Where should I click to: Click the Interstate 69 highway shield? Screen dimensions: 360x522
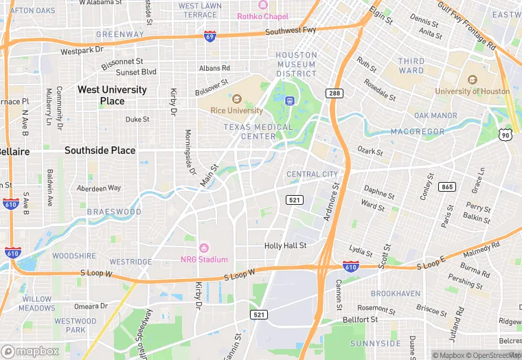209,36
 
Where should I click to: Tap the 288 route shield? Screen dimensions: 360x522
334,92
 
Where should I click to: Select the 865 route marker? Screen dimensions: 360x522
447,187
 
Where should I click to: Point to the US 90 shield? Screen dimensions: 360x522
506,135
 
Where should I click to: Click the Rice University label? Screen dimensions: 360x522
236,110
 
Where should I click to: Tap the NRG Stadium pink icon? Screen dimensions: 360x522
204,248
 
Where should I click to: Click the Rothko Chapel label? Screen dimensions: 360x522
263,16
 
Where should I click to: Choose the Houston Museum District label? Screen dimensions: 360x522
297,64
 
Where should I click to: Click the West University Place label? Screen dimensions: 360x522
112,95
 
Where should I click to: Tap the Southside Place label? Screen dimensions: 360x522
100,150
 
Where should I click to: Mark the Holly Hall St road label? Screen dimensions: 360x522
286,245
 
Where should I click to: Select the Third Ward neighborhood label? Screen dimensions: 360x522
411,66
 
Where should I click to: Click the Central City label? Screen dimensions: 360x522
312,175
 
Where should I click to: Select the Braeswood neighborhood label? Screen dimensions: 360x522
113,212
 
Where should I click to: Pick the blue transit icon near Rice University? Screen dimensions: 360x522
290,99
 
